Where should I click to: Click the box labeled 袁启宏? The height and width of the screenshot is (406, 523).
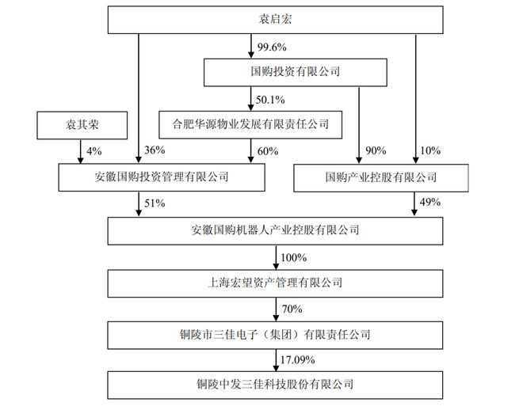click(x=275, y=20)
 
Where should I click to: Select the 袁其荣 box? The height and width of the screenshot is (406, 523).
click(x=82, y=125)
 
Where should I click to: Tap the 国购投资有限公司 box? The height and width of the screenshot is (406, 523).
click(x=296, y=72)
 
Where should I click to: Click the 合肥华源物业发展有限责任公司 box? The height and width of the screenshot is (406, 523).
click(x=250, y=125)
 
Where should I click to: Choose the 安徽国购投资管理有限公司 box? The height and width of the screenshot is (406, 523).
click(x=162, y=177)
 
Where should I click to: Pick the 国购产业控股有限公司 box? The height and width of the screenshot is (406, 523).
click(x=381, y=178)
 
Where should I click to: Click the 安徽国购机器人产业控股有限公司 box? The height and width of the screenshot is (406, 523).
click(x=275, y=231)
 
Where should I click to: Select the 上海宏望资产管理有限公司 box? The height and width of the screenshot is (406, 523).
click(x=275, y=283)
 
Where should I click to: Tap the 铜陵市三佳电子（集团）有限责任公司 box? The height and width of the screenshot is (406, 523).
click(x=275, y=335)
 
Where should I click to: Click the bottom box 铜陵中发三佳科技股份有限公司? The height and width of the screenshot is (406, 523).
click(x=275, y=385)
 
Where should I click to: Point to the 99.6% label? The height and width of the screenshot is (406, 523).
click(x=272, y=47)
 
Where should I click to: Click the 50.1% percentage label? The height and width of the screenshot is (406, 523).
click(x=270, y=100)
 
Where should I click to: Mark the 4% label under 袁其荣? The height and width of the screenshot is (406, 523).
click(x=94, y=151)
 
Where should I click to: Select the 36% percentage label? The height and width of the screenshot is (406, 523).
click(x=155, y=150)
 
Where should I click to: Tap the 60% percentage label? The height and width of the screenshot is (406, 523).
click(x=268, y=151)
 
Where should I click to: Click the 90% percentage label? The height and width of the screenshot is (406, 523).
click(x=376, y=150)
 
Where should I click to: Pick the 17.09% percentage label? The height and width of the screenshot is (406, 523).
click(x=297, y=360)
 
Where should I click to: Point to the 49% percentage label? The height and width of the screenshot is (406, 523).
click(x=430, y=202)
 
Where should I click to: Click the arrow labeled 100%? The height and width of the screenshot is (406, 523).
click(x=276, y=257)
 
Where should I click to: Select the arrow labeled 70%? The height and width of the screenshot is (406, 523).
click(x=276, y=309)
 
